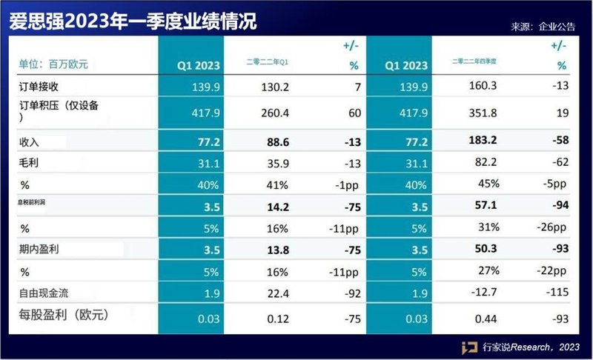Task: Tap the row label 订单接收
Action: pos(38,87)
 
